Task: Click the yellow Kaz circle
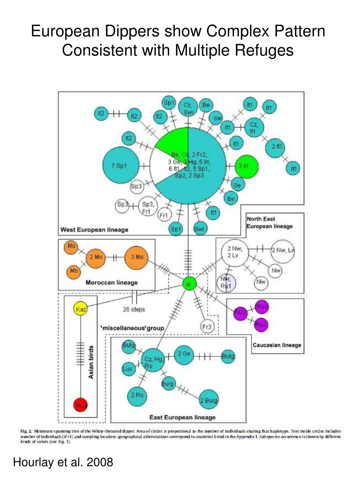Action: [81, 308]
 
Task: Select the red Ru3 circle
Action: [81, 405]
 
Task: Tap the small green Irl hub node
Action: [189, 284]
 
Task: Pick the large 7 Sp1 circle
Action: [120, 165]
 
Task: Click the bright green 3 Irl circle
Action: [246, 166]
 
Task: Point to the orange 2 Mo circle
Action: [95, 257]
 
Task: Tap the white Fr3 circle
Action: [207, 327]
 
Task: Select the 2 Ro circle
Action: [137, 395]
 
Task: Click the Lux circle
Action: [127, 369]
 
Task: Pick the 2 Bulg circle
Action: [209, 400]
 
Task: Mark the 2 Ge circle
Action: [184, 354]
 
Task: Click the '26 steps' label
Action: [134, 309]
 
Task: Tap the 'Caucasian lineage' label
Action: [277, 345]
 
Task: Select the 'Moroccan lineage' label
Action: [111, 282]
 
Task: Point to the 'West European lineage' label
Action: [94, 230]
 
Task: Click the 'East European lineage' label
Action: [182, 417]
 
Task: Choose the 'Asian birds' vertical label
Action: [91, 362]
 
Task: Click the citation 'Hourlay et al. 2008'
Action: [63, 462]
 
